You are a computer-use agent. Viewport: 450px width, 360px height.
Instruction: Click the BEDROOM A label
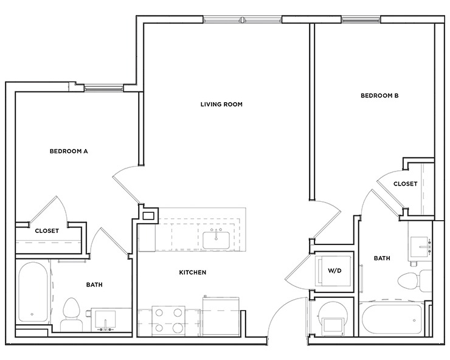69,151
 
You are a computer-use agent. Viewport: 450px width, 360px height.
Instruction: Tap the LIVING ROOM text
221,104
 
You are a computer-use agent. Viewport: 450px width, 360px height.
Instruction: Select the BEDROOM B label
379,95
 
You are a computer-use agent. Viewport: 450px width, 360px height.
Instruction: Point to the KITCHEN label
192,272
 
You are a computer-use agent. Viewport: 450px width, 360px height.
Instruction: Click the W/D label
334,270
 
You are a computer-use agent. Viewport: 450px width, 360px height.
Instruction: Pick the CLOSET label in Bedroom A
46,230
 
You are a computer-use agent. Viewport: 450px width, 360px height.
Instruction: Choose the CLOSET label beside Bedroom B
405,184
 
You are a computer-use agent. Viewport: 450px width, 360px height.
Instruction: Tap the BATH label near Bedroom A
94,284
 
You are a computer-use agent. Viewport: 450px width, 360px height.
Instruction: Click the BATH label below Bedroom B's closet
382,258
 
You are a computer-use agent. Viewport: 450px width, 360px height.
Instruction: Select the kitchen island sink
216,241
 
